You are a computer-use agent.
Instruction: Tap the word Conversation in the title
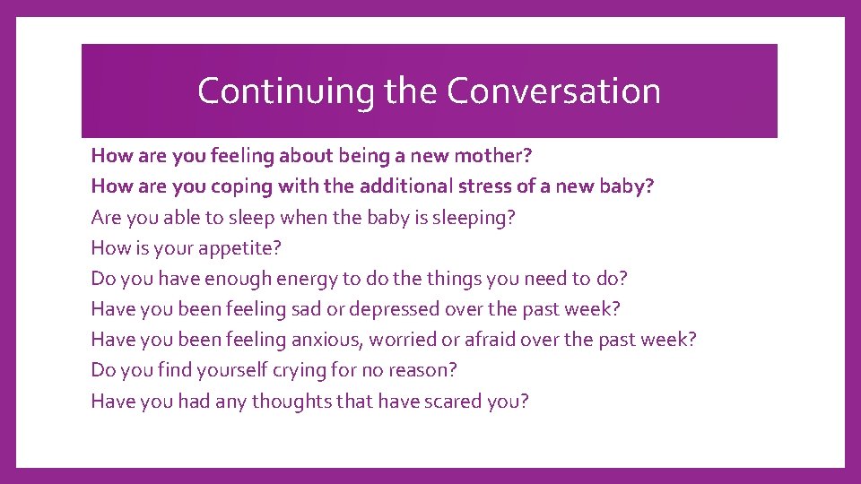click(553, 91)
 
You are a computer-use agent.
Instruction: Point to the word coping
click(239, 186)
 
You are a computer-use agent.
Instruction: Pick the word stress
click(504, 186)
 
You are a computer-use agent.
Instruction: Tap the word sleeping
click(476, 217)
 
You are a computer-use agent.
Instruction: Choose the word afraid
click(504, 340)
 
